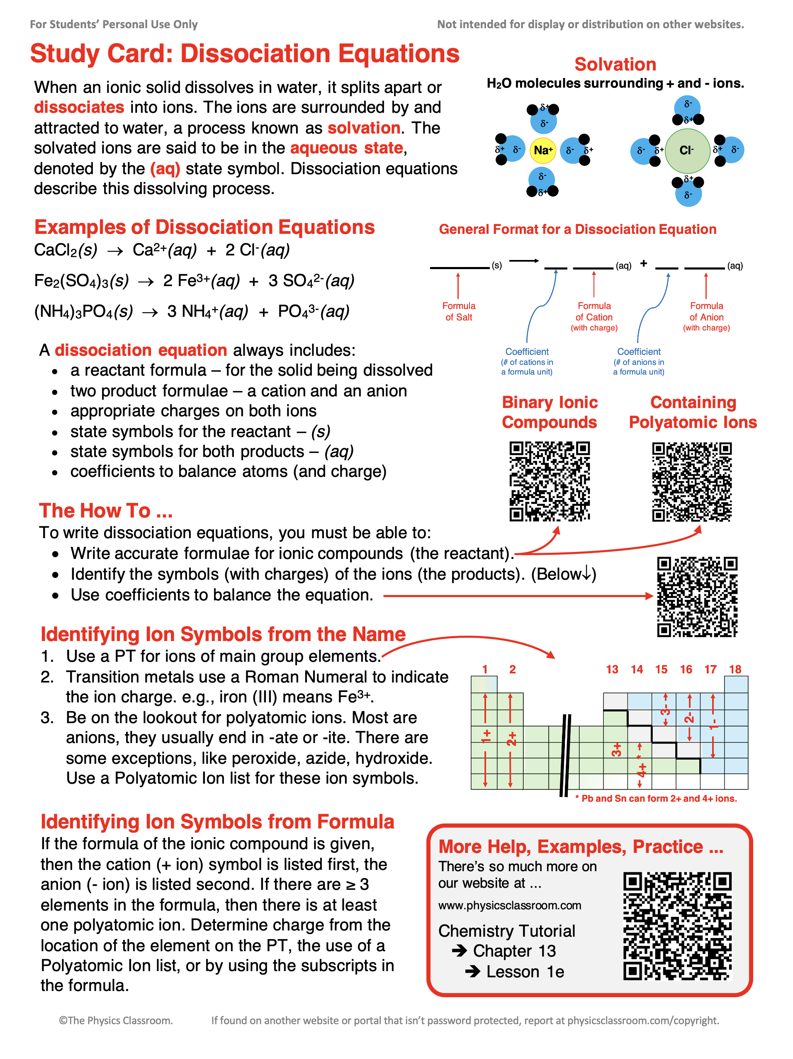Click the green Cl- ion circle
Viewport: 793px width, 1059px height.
687,151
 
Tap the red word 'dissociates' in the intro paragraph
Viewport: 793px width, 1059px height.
79,107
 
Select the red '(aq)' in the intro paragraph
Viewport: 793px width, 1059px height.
165,168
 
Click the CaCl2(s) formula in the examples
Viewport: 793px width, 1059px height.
66,250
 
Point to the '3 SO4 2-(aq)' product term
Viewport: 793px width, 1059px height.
311,281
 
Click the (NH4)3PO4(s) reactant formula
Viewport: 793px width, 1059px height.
83,312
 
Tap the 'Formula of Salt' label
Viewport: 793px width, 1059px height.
458,311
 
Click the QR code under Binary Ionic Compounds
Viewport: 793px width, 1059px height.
549,481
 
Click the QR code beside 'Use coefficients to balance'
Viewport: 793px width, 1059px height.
697,597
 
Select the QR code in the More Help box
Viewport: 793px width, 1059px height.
677,926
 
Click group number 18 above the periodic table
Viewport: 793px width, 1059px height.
735,669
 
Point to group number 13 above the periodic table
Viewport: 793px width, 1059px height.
612,669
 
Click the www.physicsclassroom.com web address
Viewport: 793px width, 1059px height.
509,905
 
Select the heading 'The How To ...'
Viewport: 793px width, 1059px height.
106,510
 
